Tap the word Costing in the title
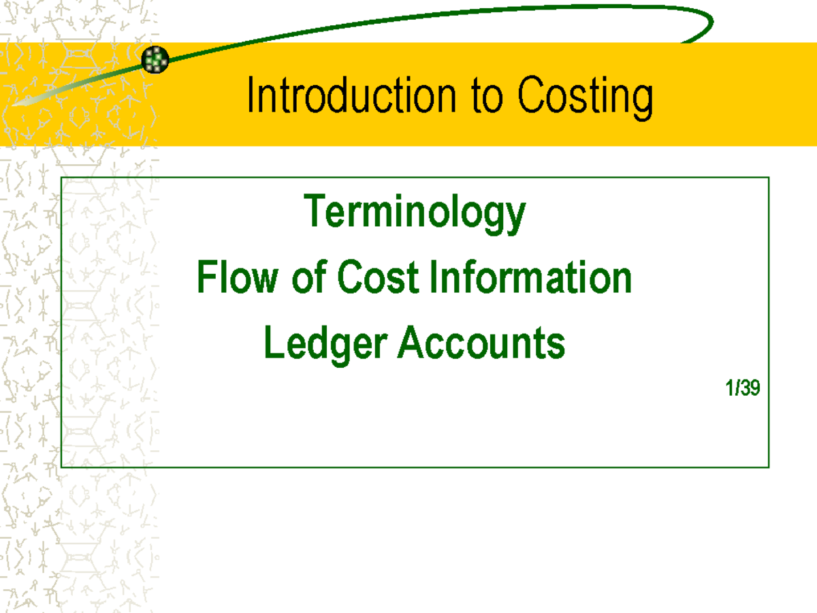click(585, 96)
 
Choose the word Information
click(531, 278)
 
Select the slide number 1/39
click(742, 389)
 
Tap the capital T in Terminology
click(314, 210)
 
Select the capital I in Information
click(435, 278)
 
